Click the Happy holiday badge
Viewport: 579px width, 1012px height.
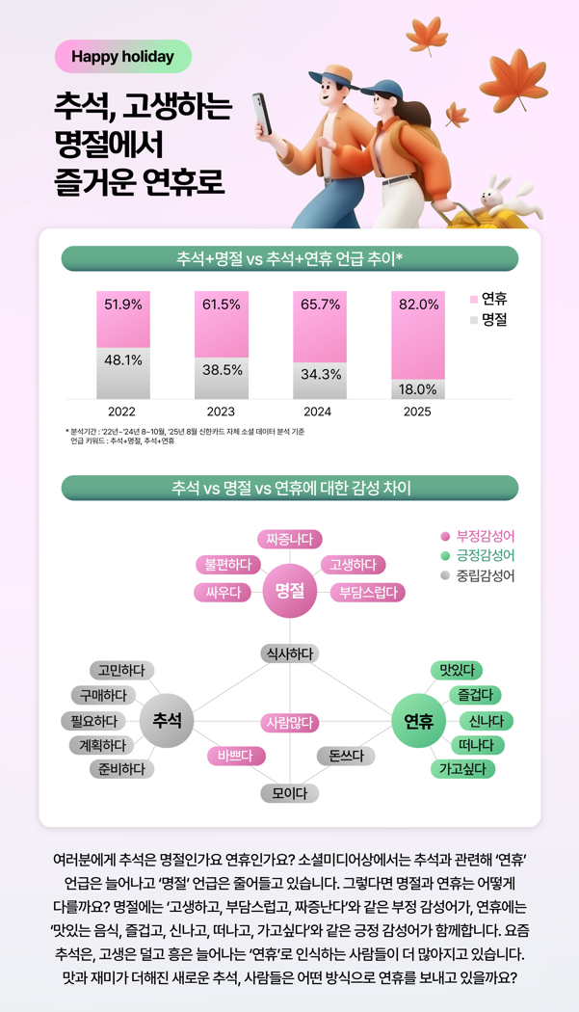122,57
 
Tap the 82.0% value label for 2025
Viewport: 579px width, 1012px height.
418,305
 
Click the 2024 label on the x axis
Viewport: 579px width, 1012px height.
317,412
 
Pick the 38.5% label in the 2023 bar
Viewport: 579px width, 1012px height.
222,370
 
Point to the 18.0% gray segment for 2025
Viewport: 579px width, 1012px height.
418,389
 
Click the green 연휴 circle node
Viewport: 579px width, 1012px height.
418,721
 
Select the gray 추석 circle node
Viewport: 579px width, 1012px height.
167,721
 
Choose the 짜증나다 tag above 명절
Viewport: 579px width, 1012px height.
289,539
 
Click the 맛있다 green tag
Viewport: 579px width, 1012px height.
456,670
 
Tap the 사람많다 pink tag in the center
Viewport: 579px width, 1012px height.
290,722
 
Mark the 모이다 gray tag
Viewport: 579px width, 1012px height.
289,793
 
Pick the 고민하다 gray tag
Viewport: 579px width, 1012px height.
121,670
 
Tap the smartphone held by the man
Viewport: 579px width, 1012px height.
259,113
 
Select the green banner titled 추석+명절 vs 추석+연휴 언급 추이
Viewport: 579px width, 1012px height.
289,258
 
